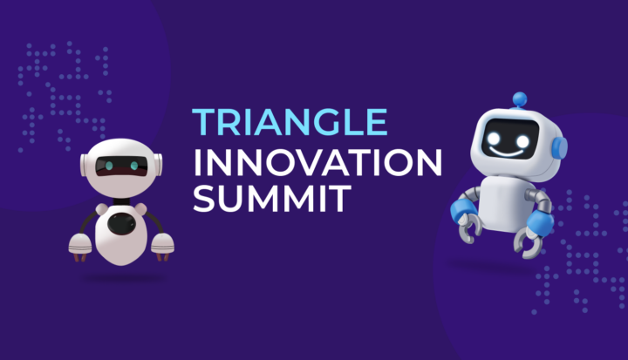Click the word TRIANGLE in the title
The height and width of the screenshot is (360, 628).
click(289, 123)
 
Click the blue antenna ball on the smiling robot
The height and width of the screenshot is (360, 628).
click(521, 98)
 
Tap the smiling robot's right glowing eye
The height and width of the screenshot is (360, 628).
click(522, 140)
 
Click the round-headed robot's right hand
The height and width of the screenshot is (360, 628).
click(163, 245)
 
